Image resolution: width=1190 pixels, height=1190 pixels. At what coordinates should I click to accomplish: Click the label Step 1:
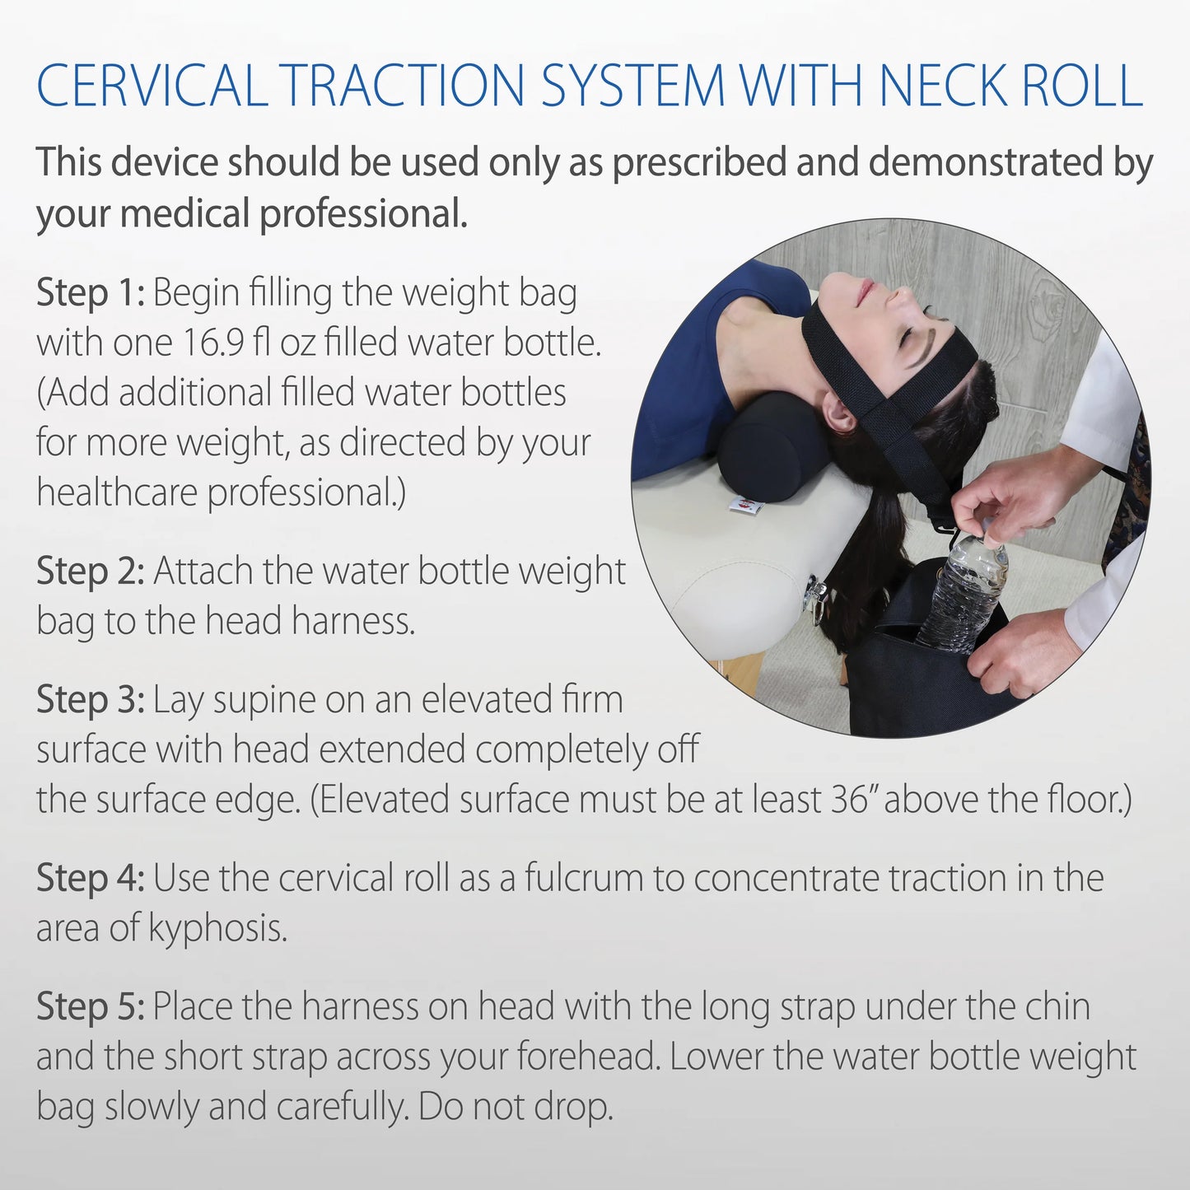pyautogui.click(x=90, y=294)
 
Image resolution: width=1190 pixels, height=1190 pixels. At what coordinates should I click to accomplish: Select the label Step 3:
pyautogui.click(x=90, y=701)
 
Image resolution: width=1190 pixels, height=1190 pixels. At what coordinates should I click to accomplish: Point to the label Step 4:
pyautogui.click(x=90, y=879)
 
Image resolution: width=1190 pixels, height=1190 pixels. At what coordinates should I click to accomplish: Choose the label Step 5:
pyautogui.click(x=90, y=1007)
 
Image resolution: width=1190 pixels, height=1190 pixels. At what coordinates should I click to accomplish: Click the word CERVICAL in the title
pyautogui.click(x=152, y=86)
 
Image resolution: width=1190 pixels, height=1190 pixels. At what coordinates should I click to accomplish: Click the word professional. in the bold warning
pyautogui.click(x=363, y=214)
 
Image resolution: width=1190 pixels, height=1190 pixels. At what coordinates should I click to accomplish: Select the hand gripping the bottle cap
pyautogui.click(x=1009, y=502)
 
